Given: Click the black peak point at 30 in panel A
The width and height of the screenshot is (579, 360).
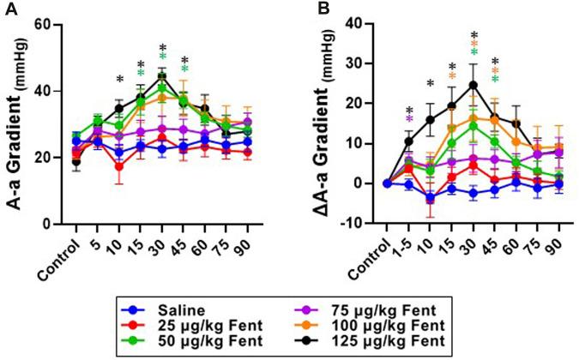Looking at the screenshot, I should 161,76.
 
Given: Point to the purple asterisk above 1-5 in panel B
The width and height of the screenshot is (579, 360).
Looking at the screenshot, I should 409,120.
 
